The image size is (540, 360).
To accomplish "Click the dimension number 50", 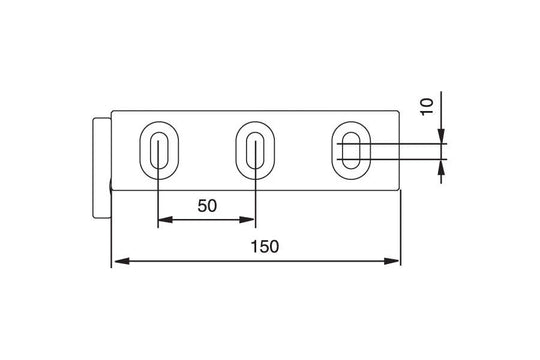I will [207, 206].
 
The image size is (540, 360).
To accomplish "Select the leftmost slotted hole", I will [158, 151].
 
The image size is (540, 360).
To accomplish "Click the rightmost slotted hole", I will [349, 151].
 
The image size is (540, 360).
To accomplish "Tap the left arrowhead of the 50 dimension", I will [164, 221].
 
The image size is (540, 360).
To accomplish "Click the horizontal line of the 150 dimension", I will [300, 262].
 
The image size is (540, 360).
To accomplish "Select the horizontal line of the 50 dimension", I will [206, 221].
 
